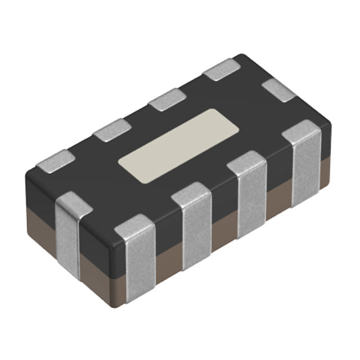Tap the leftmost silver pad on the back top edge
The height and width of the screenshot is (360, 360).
(x=55, y=160)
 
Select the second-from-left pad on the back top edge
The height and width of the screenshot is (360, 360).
(x=111, y=130)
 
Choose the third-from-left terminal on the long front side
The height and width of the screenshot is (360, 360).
(x=247, y=194)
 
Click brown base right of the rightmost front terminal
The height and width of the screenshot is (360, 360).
(x=325, y=174)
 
